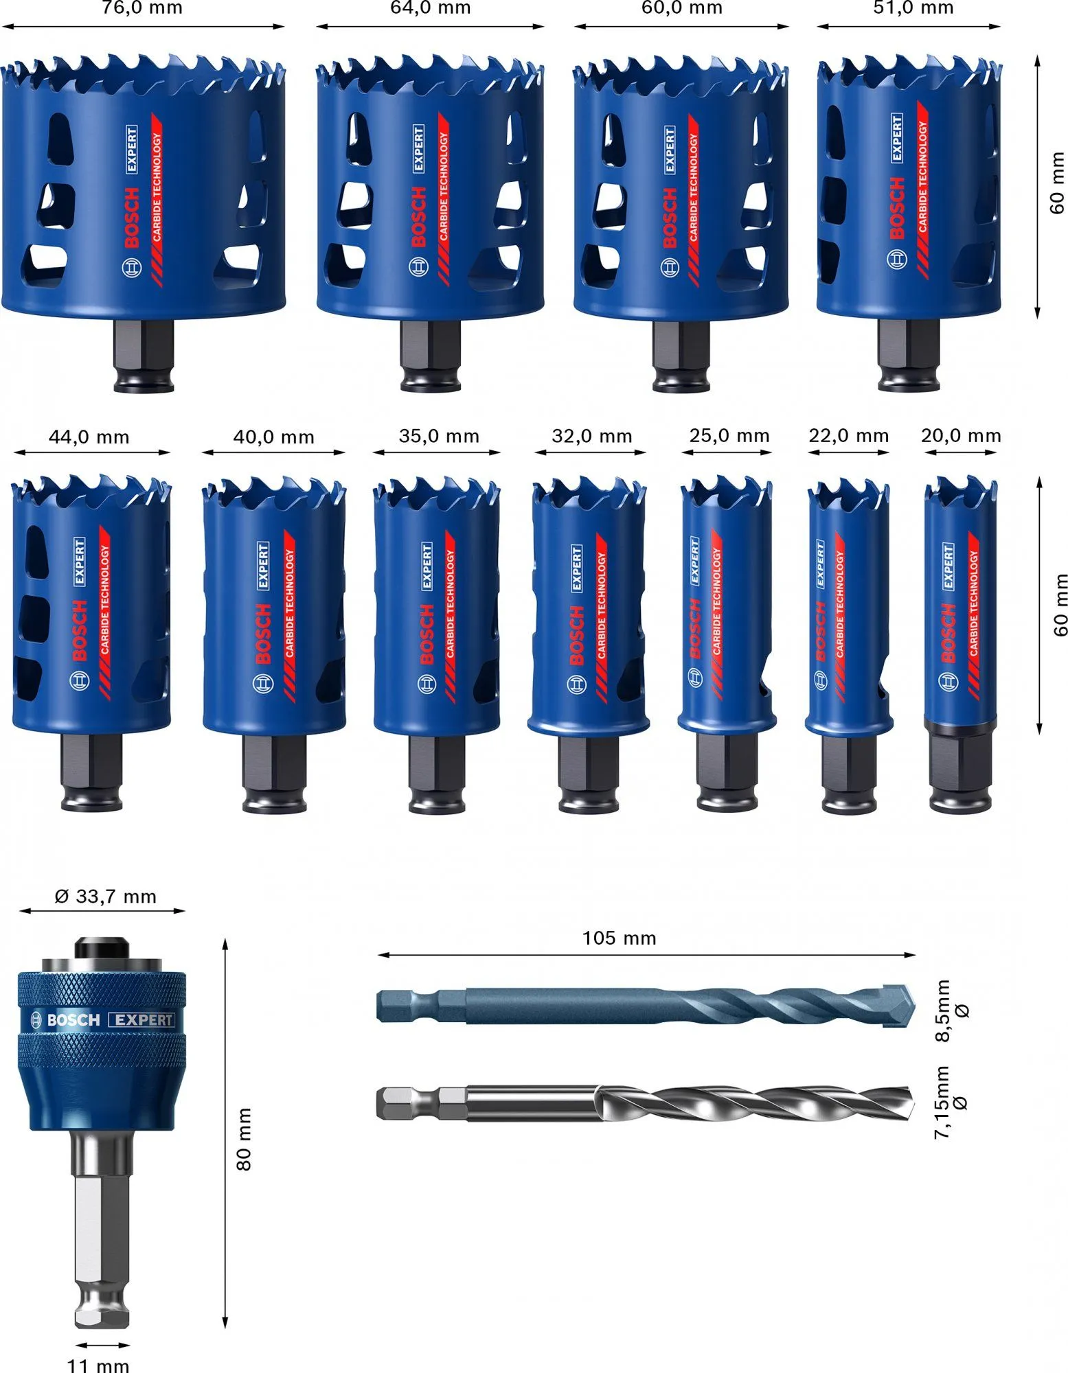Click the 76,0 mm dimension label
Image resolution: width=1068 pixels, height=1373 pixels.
point(142,8)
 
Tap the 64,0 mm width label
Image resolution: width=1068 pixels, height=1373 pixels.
point(431,8)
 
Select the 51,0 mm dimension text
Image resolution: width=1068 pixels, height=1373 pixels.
point(913,8)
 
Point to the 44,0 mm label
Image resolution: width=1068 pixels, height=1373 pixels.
point(89,437)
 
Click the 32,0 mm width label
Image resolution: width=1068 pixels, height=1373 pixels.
point(591,436)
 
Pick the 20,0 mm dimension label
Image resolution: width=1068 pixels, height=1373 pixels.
point(960,435)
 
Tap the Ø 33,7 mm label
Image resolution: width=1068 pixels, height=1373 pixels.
point(105,896)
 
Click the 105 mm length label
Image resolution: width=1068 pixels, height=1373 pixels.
point(619,938)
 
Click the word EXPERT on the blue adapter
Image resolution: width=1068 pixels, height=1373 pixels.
point(141,1019)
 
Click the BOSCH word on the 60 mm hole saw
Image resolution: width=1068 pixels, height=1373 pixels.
point(669,218)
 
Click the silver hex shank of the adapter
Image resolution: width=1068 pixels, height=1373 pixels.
point(101,1229)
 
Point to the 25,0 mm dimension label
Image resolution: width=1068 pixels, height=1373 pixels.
point(729,435)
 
